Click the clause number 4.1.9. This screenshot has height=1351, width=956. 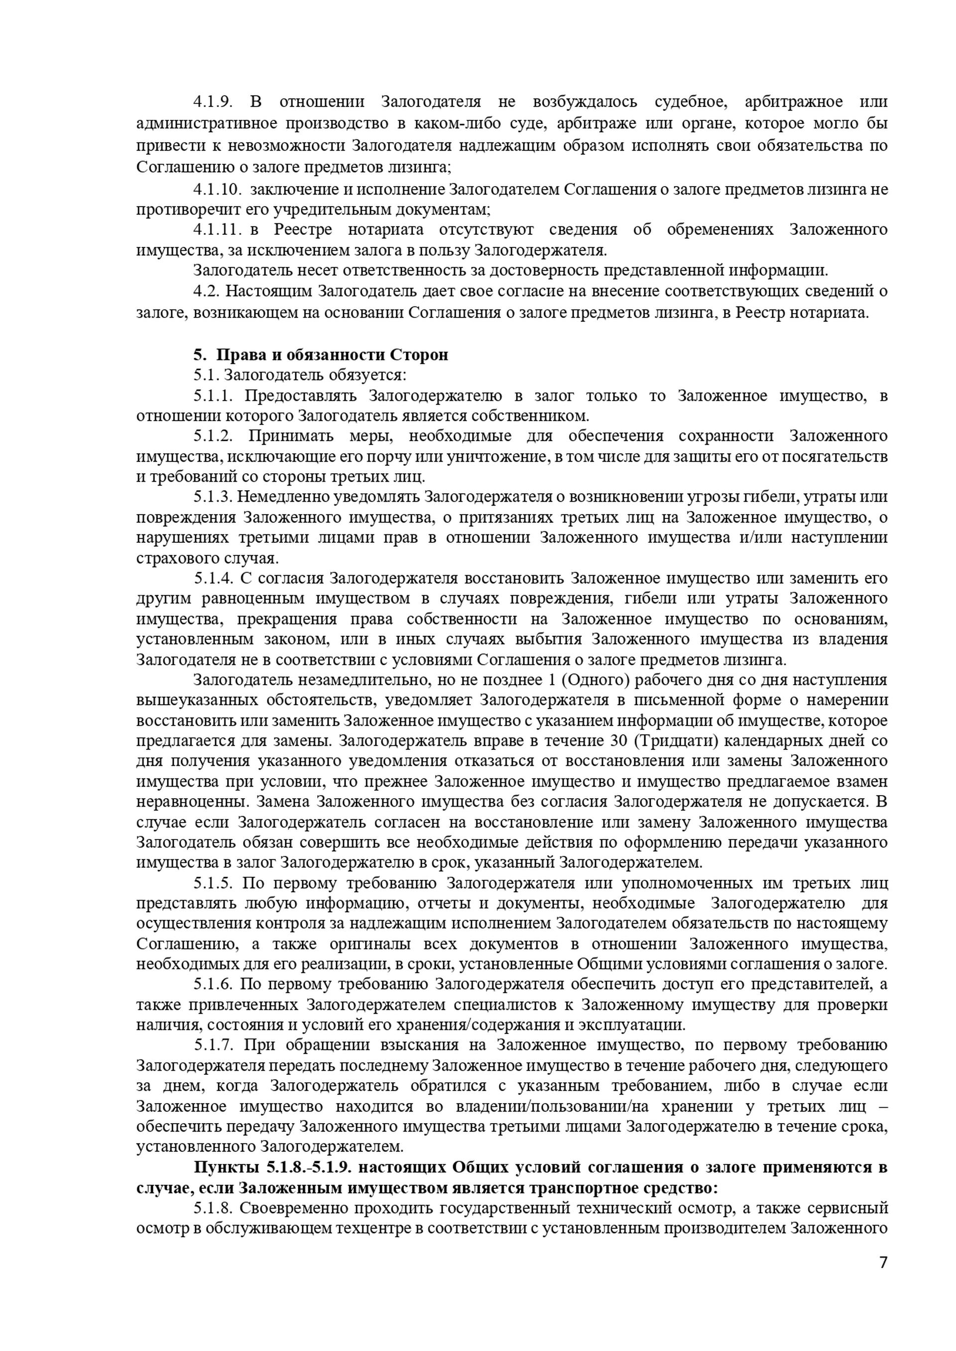click(x=213, y=102)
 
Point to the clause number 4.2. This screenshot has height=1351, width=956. click(x=206, y=291)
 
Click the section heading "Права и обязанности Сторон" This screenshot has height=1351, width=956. click(x=332, y=355)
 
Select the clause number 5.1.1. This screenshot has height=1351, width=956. click(x=213, y=396)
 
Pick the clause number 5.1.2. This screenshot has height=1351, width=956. click(x=213, y=436)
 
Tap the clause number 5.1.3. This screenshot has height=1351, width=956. click(x=213, y=497)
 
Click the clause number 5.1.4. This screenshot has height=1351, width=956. click(x=213, y=578)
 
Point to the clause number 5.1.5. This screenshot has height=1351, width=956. click(x=213, y=883)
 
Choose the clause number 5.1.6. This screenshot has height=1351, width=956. click(x=213, y=984)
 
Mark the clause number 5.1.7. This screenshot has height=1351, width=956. click(x=213, y=1045)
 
